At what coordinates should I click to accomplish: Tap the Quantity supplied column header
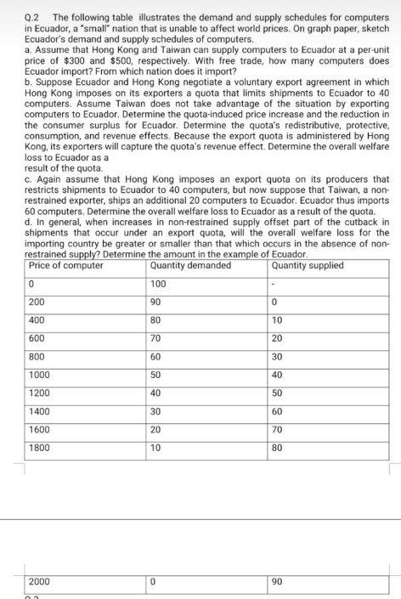[309, 265]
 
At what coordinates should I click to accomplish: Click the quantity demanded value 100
[158, 284]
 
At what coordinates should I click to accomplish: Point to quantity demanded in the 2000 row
[153, 580]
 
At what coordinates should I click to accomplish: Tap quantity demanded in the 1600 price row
[155, 430]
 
